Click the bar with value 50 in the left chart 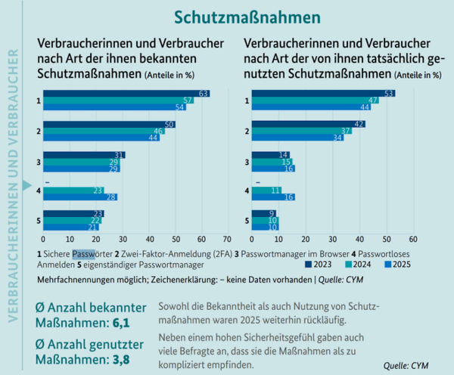tap(110, 124)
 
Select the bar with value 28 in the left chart tap(80, 197)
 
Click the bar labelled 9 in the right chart tap(264, 213)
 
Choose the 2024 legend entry tap(355, 265)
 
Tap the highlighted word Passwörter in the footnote tap(83, 255)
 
